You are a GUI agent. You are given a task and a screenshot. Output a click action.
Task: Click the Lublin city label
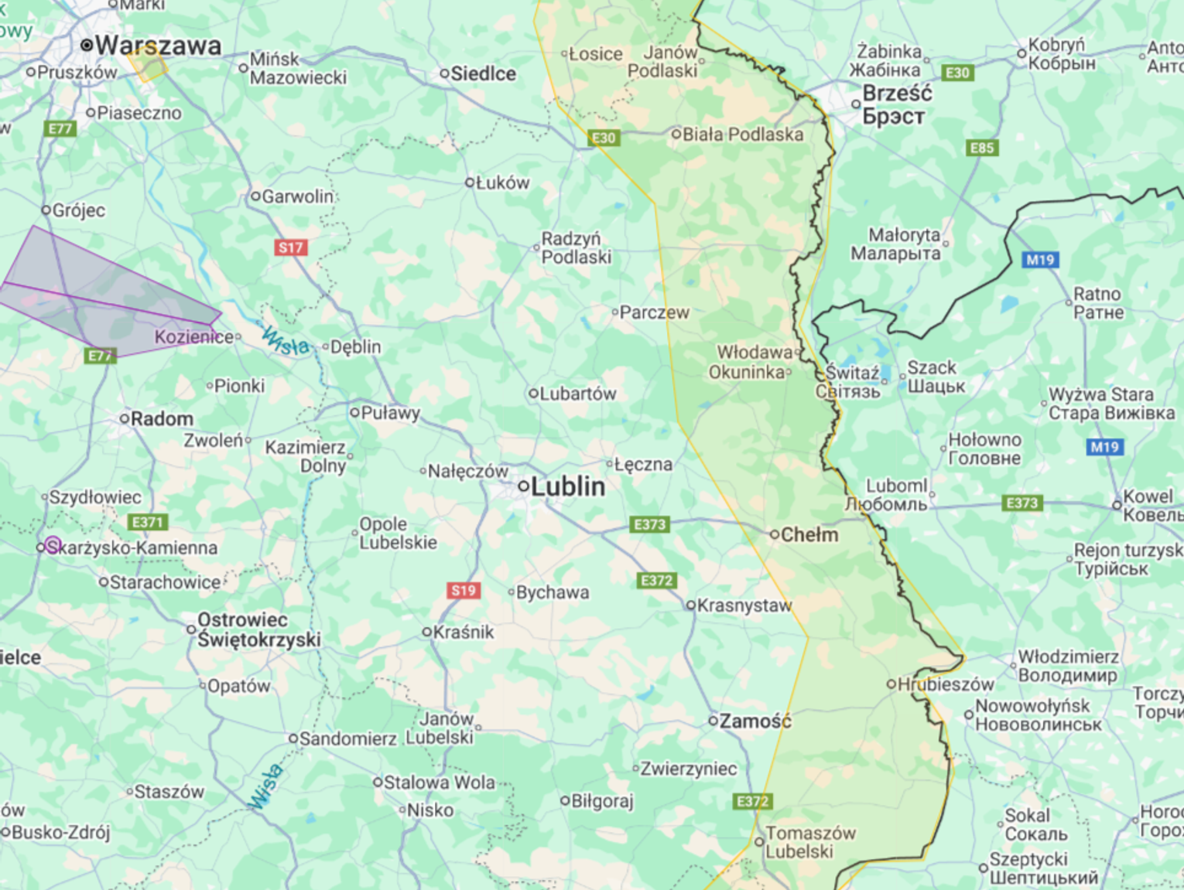tap(567, 486)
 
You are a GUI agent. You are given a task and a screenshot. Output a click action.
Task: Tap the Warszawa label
tap(158, 46)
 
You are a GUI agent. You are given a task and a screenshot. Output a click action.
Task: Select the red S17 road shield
tap(291, 247)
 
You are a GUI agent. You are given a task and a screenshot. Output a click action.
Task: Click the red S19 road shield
tap(464, 591)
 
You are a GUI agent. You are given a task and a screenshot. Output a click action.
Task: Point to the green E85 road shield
tap(981, 148)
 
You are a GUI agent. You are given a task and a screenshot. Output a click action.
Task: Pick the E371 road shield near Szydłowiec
tap(148, 522)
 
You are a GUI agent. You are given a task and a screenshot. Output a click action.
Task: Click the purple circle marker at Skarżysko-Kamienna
tap(53, 545)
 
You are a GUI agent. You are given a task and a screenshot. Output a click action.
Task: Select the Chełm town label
tap(809, 534)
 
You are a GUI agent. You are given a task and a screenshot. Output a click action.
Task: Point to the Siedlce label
tap(483, 73)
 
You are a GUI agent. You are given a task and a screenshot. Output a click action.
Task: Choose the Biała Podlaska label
tap(742, 135)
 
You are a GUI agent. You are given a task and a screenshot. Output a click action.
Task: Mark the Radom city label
tap(162, 419)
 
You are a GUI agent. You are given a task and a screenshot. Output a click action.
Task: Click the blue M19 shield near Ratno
tap(1041, 260)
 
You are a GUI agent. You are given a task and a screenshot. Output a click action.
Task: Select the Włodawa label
tap(755, 353)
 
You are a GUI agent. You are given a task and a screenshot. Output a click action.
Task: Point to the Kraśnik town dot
tap(426, 633)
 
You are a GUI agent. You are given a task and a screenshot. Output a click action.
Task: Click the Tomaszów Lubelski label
tap(809, 843)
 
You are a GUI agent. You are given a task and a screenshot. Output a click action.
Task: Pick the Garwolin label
tap(297, 196)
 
